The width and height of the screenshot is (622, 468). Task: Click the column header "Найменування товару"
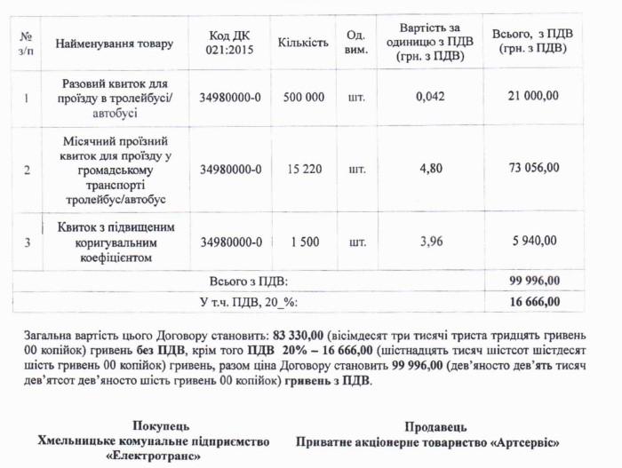click(115, 44)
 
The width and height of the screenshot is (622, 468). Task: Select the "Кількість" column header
click(303, 44)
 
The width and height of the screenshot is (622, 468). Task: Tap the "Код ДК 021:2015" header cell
click(231, 44)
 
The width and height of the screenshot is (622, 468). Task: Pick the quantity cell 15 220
click(303, 169)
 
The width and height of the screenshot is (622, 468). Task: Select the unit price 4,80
click(429, 169)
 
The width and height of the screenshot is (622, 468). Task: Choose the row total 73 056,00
click(533, 169)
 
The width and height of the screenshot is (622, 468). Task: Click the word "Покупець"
click(160, 427)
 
